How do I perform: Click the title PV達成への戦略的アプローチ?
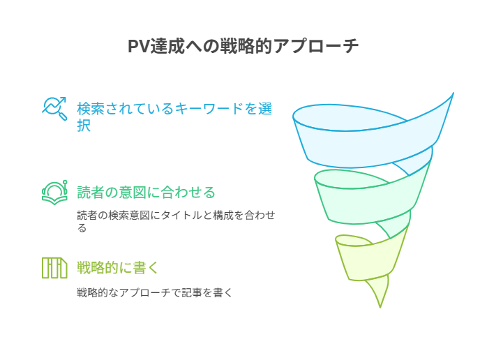pyautogui.click(x=243, y=46)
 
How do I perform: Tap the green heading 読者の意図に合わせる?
pyautogui.click(x=146, y=192)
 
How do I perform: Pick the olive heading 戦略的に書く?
pyautogui.click(x=118, y=267)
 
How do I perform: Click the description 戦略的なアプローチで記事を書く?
pyautogui.click(x=154, y=293)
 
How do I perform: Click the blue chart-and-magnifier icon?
pyautogui.click(x=54, y=108)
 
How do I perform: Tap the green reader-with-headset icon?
pyautogui.click(x=54, y=192)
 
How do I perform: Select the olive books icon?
pyautogui.click(x=54, y=267)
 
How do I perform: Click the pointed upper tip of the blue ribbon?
pyautogui.click(x=452, y=94)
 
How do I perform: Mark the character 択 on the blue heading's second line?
pyautogui.click(x=84, y=126)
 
